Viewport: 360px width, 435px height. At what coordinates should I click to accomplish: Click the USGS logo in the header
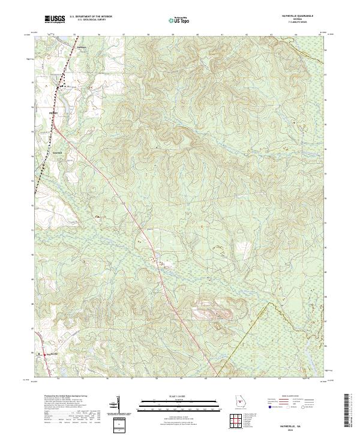[x=55, y=20]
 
